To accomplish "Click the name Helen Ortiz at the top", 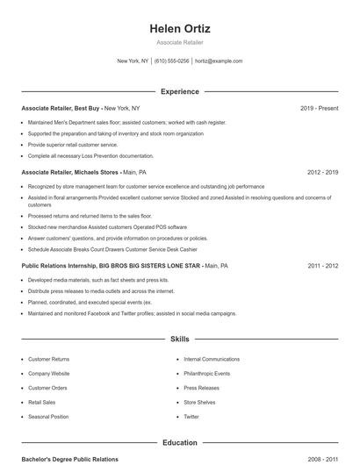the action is click(x=180, y=29).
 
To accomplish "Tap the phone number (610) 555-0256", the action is click(x=172, y=61).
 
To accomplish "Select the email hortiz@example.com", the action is click(x=219, y=61).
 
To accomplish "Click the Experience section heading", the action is click(x=180, y=91).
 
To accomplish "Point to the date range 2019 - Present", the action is click(x=319, y=108).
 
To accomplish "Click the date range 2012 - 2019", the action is click(x=322, y=173).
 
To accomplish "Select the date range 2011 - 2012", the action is click(x=322, y=265).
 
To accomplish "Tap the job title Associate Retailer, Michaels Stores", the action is click(x=70, y=173).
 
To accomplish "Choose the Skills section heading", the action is click(x=180, y=338).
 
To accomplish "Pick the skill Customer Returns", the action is click(x=48, y=359).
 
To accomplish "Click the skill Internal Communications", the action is click(x=212, y=359).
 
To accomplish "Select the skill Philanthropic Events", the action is click(x=207, y=373).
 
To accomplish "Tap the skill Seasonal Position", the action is click(x=48, y=416).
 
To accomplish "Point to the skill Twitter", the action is click(x=191, y=416).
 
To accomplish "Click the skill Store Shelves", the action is click(x=199, y=402).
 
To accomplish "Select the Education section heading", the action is click(x=180, y=443).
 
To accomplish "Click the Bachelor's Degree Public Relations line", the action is click(x=69, y=459).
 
